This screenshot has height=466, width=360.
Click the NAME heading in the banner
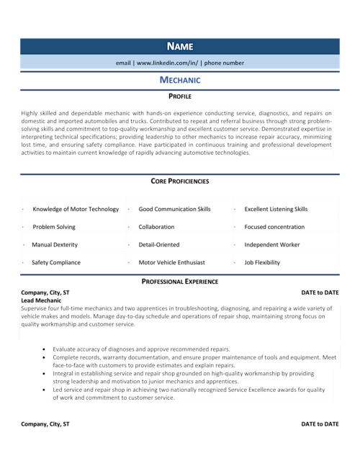pyautogui.click(x=180, y=46)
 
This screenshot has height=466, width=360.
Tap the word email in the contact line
pyautogui.click(x=123, y=63)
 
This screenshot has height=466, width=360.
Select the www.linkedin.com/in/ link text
pyautogui.click(x=167, y=63)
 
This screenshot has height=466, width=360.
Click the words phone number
pyautogui.click(x=224, y=63)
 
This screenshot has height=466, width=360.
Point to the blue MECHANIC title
pyautogui.click(x=180, y=80)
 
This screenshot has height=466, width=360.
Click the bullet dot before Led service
pyautogui.click(x=45, y=390)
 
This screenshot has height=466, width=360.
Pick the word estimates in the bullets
pyautogui.click(x=169, y=365)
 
